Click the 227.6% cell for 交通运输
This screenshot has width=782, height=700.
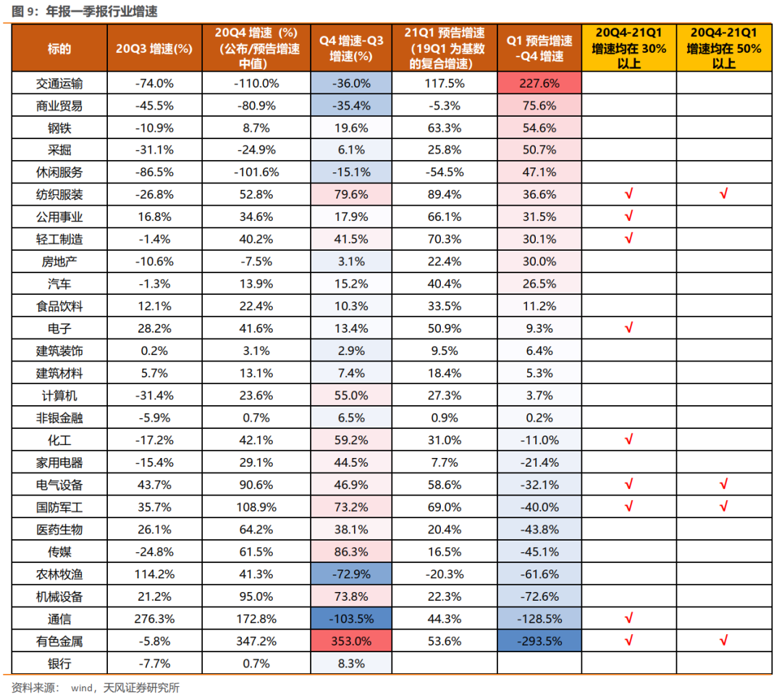pyautogui.click(x=539, y=83)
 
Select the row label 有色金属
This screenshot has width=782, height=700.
pyautogui.click(x=59, y=641)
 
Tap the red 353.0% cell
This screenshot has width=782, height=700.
pyautogui.click(x=350, y=641)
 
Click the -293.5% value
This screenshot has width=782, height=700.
pyautogui.click(x=539, y=641)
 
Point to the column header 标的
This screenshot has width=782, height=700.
pyautogui.click(x=59, y=49)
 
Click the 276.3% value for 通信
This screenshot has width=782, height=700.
pyautogui.click(x=154, y=619)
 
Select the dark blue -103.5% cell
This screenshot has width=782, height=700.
pyautogui.click(x=350, y=619)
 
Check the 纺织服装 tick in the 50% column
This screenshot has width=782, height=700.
pyautogui.click(x=723, y=194)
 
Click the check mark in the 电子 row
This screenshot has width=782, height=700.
pyautogui.click(x=628, y=328)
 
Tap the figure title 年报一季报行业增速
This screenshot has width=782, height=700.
pyautogui.click(x=101, y=12)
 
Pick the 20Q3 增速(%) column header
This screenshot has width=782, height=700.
pyautogui.click(x=154, y=49)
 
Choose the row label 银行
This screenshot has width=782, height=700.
pyautogui.click(x=59, y=663)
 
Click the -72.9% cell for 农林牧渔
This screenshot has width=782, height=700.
pyautogui.click(x=350, y=574)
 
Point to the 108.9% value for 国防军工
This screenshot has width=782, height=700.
pyautogui.click(x=256, y=507)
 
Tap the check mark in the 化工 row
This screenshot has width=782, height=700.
pyautogui.click(x=628, y=439)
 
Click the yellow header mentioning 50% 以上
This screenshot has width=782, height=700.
pyautogui.click(x=723, y=48)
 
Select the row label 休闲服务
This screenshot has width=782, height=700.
pyautogui.click(x=59, y=172)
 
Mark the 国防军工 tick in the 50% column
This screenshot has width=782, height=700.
pyautogui.click(x=723, y=507)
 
